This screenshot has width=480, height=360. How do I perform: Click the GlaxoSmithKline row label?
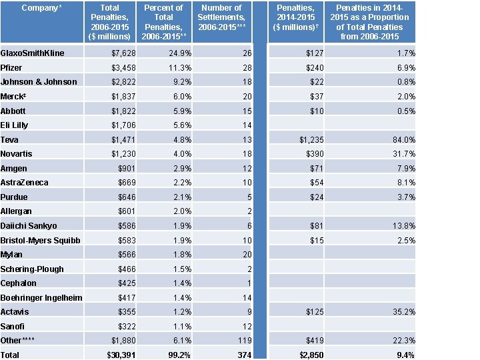click(x=33, y=53)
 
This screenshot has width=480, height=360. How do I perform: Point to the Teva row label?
click(x=10, y=140)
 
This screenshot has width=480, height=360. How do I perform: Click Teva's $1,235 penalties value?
click(x=306, y=140)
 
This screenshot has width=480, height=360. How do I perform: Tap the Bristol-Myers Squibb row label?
click(x=41, y=240)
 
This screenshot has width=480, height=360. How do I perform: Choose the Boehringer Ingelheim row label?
click(x=41, y=297)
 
